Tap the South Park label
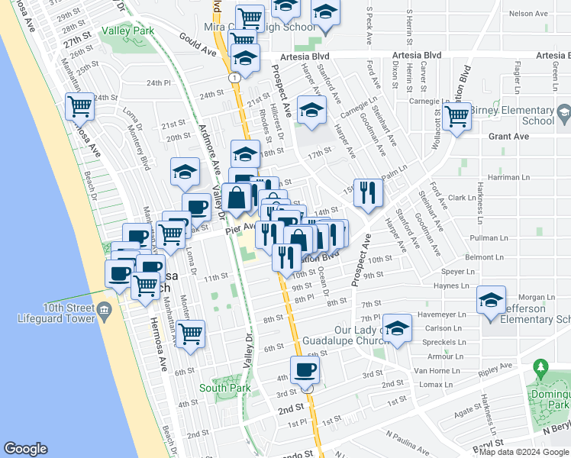(224, 388)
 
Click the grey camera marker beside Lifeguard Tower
(106, 309)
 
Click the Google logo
(26, 448)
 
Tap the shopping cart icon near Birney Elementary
(456, 117)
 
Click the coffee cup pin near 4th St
(305, 370)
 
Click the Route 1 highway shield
(233, 77)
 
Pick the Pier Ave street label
(240, 227)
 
